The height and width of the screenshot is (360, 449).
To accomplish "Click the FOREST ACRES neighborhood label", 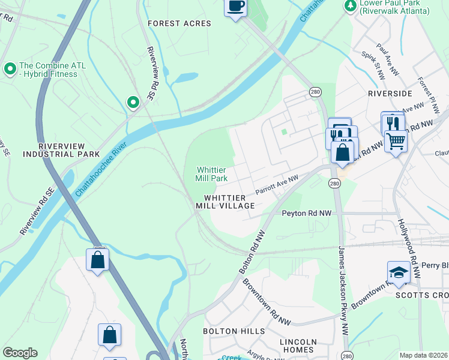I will coord(179,23).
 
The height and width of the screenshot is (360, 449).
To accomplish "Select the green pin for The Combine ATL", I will coord(10,69).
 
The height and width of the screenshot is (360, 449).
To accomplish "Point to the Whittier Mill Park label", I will coord(211,174).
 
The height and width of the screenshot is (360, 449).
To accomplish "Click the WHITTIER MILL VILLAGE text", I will coord(225,202).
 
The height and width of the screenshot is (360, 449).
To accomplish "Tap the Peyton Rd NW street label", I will coord(307,213).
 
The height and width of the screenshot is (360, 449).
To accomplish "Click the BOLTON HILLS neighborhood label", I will coord(234,331).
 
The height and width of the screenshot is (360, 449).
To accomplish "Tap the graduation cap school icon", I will coord(399,272).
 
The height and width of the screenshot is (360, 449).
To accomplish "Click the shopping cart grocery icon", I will coord(396,142).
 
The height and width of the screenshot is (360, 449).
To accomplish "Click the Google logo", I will coord(20,353).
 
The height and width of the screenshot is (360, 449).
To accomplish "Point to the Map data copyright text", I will coord(423,355).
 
